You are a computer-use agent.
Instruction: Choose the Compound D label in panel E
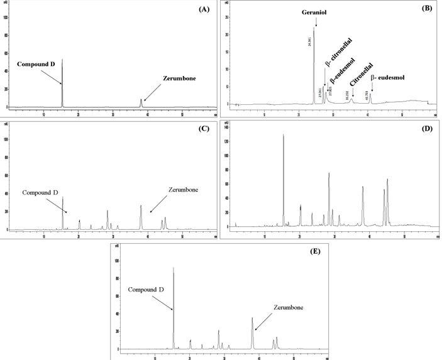pyautogui.click(x=149, y=290)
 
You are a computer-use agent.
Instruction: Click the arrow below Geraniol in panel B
pyautogui.click(x=316, y=21)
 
